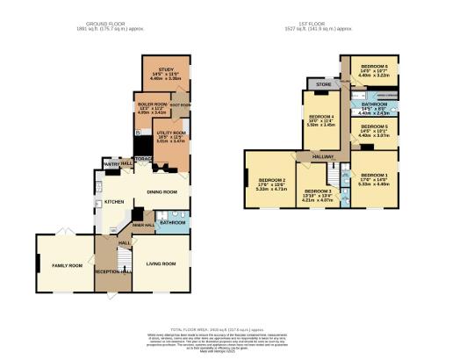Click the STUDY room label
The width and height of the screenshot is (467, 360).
pos(165,69)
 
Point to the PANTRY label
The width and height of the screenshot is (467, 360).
pos(111,163)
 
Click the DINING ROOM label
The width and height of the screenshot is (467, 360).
pos(162,191)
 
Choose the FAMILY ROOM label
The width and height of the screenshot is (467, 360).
pos(66,264)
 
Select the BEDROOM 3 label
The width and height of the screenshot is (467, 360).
pos(317,191)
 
